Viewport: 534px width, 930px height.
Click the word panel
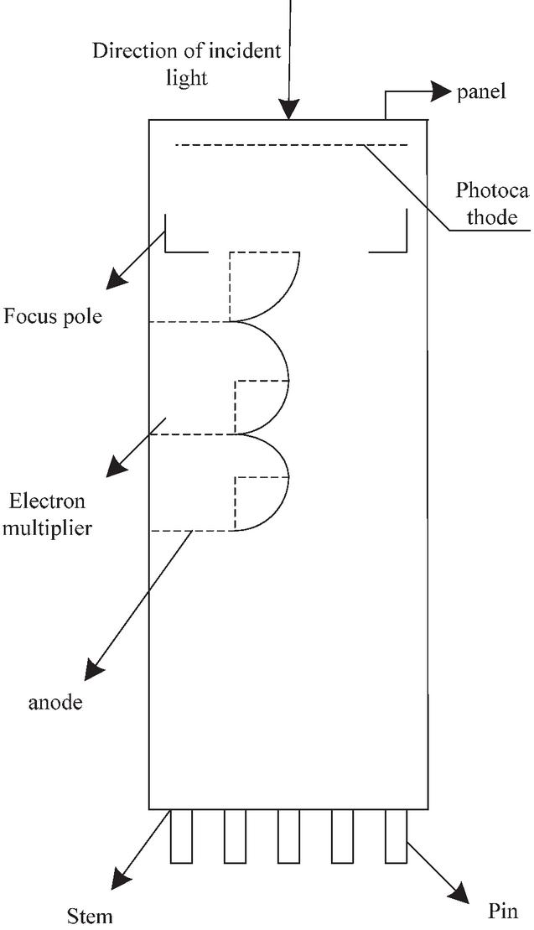tap(481, 92)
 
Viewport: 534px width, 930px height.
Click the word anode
tap(56, 703)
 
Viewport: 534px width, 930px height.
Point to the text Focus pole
tap(53, 318)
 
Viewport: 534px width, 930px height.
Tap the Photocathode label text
tap(492, 204)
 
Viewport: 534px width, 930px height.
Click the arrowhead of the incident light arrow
tap(289, 109)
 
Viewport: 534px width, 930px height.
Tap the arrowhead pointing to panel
tap(441, 91)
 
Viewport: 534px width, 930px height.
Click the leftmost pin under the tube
tap(181, 836)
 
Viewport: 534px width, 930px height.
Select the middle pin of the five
tap(288, 836)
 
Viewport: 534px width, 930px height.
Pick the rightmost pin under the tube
tap(396, 836)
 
